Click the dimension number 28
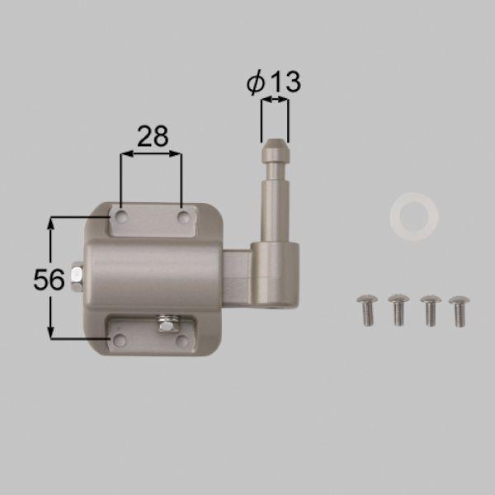153,136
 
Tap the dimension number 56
49,280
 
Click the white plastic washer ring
414,217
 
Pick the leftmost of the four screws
367,309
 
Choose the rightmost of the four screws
460,311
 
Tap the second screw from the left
398,309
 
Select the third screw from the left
431,310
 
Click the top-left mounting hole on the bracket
121,216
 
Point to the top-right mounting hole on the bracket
183,217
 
